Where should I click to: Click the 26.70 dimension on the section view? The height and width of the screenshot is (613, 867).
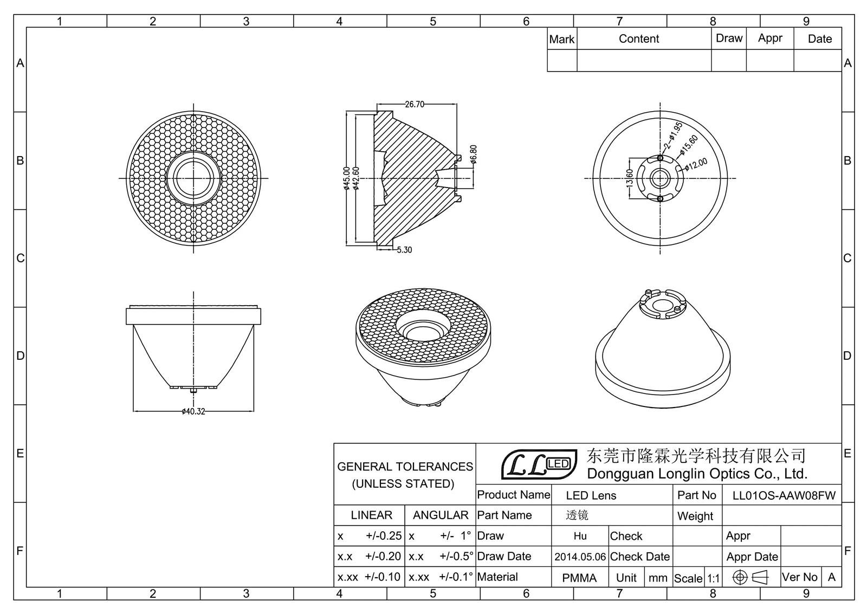click(x=415, y=104)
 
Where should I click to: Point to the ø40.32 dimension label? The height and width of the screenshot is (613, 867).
click(x=193, y=411)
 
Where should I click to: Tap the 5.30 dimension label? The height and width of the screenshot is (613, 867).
click(x=404, y=250)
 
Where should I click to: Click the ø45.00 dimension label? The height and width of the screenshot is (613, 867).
click(x=347, y=178)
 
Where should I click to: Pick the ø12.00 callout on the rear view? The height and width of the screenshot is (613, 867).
click(x=696, y=164)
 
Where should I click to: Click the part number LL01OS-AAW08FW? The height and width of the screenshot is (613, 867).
click(x=784, y=495)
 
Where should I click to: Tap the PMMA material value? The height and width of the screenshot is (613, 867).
click(x=579, y=578)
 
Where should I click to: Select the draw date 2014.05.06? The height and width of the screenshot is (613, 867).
click(x=580, y=557)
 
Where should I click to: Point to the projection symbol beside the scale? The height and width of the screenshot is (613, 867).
click(x=750, y=577)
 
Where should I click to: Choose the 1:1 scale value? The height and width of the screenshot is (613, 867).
click(x=713, y=578)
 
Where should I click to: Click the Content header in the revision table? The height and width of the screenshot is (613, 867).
click(x=639, y=39)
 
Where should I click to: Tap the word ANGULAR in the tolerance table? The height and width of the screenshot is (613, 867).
click(x=441, y=515)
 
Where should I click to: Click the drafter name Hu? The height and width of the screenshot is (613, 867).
click(x=580, y=536)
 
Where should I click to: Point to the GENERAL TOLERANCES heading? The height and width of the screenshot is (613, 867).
click(x=405, y=467)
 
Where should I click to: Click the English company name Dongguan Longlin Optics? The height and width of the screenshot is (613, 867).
click(x=697, y=474)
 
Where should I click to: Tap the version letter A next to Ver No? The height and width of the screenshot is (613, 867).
click(x=831, y=577)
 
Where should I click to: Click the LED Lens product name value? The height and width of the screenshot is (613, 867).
click(x=591, y=495)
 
